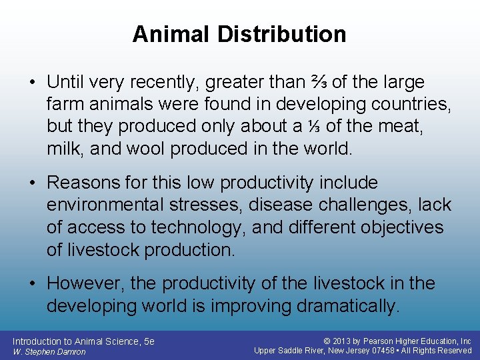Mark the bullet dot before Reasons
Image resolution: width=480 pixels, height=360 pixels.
point(33,183)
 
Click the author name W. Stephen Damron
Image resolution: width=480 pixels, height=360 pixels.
point(49,351)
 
